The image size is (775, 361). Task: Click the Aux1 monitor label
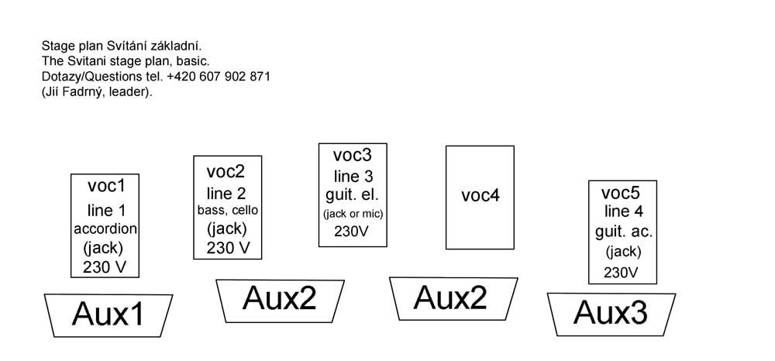click(x=108, y=315)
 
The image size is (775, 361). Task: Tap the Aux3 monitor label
click(x=610, y=312)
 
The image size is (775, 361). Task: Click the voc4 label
click(x=480, y=195)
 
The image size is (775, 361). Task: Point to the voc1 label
click(x=106, y=186)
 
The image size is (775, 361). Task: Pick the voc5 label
click(x=622, y=193)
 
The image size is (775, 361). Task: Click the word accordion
click(x=105, y=229)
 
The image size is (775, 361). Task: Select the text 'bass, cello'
click(x=228, y=210)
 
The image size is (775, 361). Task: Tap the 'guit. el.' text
click(x=352, y=194)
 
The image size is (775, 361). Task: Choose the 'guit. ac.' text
click(x=624, y=232)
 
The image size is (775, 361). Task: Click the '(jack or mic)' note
click(x=353, y=213)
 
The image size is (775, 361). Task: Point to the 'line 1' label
click(x=105, y=209)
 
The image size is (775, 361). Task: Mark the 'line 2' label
click(x=226, y=193)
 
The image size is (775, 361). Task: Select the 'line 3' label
click(x=353, y=176)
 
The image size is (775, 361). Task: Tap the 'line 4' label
click(x=622, y=211)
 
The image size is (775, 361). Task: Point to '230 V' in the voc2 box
click(x=228, y=248)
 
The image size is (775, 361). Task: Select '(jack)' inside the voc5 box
click(x=623, y=252)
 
